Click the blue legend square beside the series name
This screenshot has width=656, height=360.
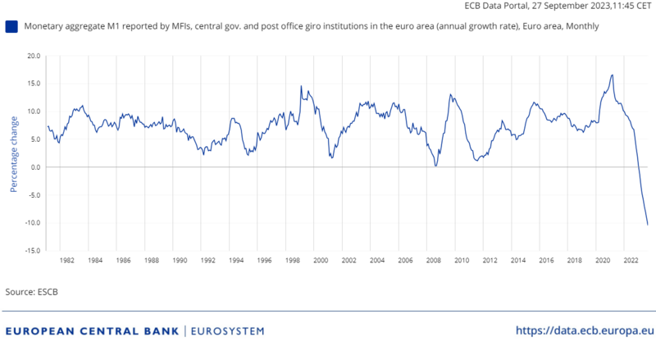coord(11,27)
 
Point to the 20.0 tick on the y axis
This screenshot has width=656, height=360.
coord(33,56)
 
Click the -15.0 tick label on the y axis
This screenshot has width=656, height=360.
coord(32,251)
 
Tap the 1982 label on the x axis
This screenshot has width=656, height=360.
coord(67,261)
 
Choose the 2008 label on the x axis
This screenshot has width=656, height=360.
coord(433,261)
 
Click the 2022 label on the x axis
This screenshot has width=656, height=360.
coord(631,261)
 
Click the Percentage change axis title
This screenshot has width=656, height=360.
coord(14,153)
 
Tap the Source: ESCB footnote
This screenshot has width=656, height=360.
coord(32,292)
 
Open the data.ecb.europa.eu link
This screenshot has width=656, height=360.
coord(585,330)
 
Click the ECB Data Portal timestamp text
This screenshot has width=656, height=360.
coord(557,7)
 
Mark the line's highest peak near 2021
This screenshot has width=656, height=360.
coord(612,75)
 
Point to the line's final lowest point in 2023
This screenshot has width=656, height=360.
coord(648,225)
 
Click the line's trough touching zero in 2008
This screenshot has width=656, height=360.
coord(435,166)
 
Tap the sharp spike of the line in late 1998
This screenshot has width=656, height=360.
coord(301,86)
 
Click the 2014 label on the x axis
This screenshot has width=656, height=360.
coord(517,261)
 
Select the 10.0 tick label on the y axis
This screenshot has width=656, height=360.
coord(33,112)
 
